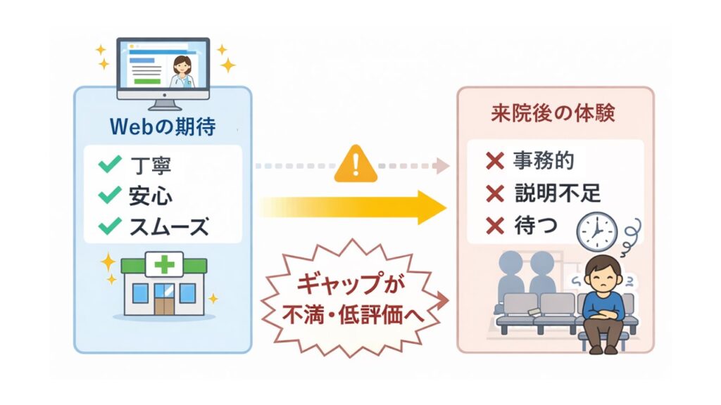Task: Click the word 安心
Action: pyautogui.click(x=151, y=195)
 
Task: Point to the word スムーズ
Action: pyautogui.click(x=169, y=226)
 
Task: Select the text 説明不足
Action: pyautogui.click(x=559, y=193)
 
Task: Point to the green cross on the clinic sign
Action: pyautogui.click(x=163, y=264)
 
